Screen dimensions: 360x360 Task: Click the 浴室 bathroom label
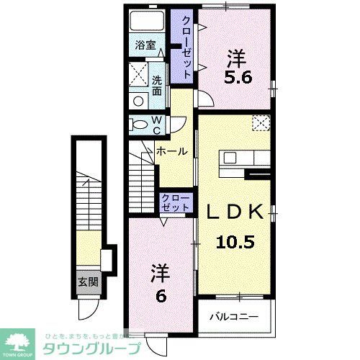click(x=145, y=45)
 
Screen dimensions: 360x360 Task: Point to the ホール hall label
click(x=174, y=152)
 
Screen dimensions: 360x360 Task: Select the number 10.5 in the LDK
click(x=234, y=243)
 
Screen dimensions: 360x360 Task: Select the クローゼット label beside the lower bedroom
click(x=176, y=202)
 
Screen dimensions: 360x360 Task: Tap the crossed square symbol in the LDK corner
click(x=261, y=124)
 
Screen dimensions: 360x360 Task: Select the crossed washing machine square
click(x=138, y=73)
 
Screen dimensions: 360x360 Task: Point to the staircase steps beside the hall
click(x=143, y=181)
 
